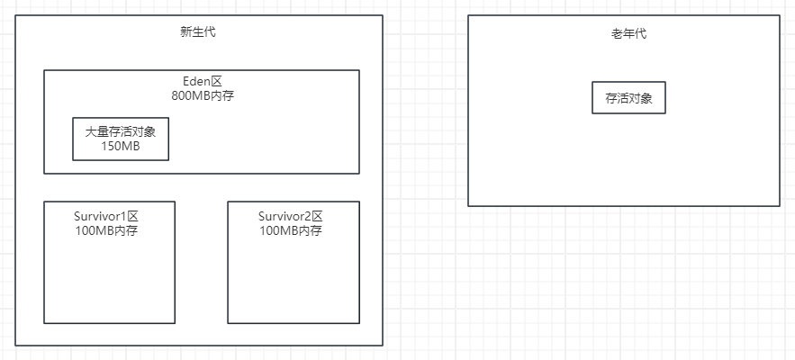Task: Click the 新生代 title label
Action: [x=198, y=32]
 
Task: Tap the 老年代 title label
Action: [x=628, y=34]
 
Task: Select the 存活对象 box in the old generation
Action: [x=628, y=97]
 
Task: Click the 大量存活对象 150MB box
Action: [x=120, y=139]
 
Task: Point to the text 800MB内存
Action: [x=202, y=94]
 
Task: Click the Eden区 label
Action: [x=202, y=81]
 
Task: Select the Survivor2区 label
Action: [x=290, y=216]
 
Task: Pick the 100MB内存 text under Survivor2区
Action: [x=290, y=230]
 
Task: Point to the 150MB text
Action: [x=120, y=146]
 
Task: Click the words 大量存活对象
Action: [x=120, y=131]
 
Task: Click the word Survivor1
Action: [x=100, y=216]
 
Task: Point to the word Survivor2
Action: [x=284, y=216]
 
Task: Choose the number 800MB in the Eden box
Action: [x=190, y=94]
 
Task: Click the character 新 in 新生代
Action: [x=186, y=32]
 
